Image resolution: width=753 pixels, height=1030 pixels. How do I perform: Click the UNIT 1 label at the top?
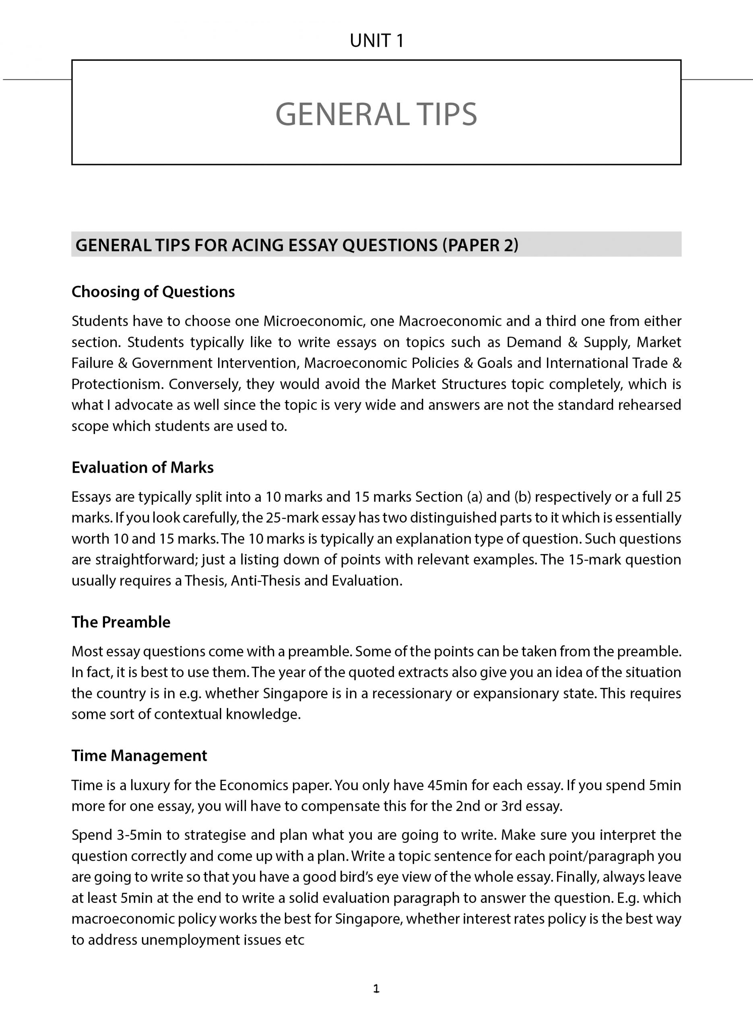coord(377,41)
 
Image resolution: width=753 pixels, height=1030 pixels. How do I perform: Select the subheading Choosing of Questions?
coord(153,292)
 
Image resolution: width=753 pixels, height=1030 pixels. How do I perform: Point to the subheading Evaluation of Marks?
coord(142,468)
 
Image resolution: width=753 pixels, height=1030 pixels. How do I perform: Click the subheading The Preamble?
coord(121,622)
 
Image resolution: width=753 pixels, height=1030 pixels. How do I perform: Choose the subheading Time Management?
coord(139,755)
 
